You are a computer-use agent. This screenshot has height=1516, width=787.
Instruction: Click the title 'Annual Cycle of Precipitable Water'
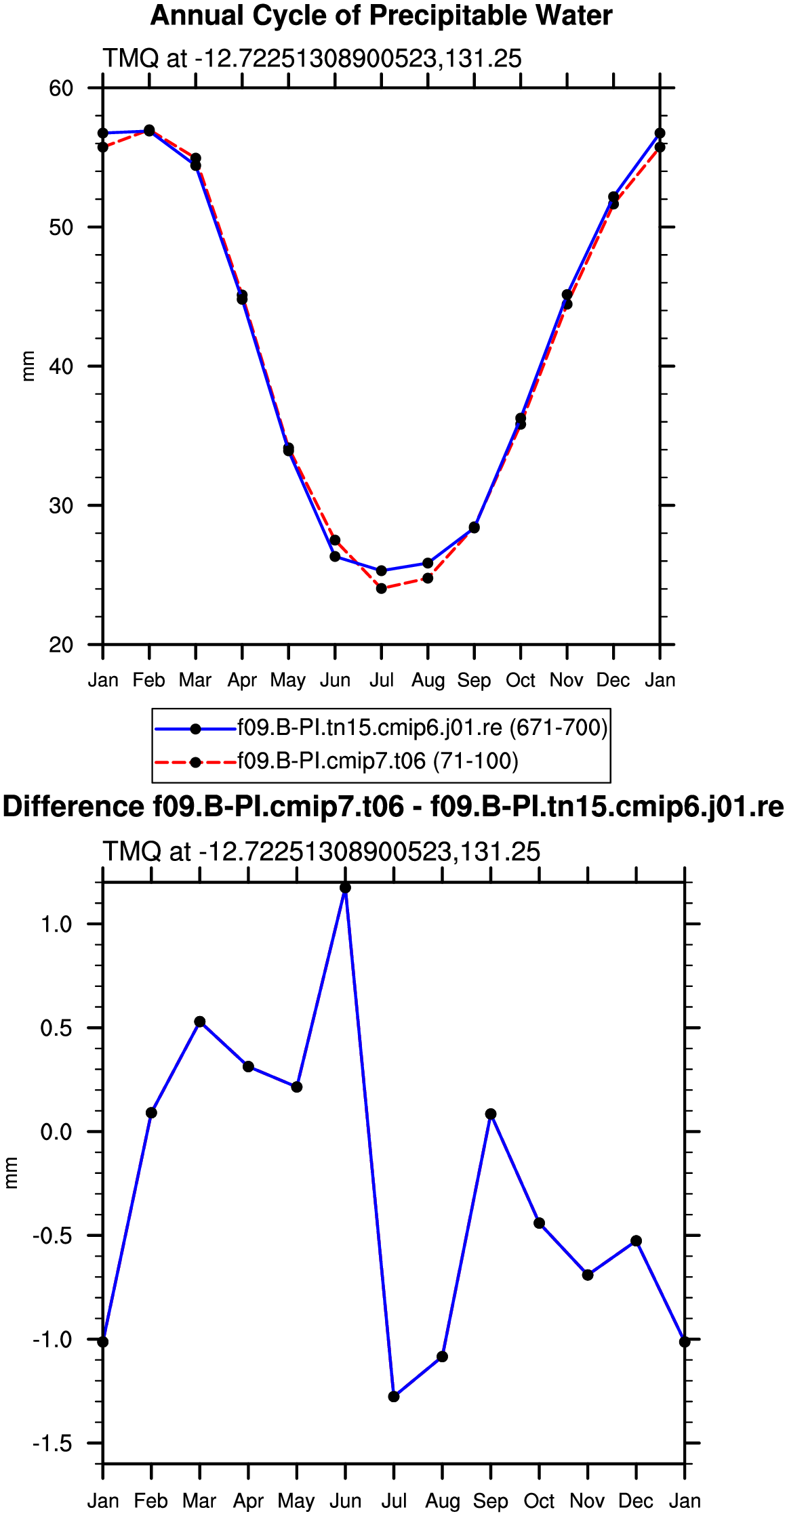click(381, 16)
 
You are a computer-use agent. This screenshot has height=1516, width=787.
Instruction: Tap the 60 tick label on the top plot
click(61, 88)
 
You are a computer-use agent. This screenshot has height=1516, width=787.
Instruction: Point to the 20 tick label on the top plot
click(61, 644)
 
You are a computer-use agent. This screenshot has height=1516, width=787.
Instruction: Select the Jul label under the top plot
click(382, 680)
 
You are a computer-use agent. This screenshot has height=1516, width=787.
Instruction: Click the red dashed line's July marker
click(382, 589)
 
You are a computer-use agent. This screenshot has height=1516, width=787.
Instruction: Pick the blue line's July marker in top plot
click(382, 571)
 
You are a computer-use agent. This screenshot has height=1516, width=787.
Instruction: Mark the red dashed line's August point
click(428, 578)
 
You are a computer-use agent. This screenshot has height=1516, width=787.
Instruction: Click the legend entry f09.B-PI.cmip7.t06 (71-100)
click(378, 761)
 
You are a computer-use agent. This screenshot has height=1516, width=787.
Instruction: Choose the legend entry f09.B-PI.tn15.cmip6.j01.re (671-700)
click(422, 728)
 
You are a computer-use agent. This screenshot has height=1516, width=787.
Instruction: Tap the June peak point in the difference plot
click(345, 888)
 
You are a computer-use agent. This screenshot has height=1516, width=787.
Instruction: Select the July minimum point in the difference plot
click(394, 1397)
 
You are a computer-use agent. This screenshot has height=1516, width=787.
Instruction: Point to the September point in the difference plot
click(491, 1114)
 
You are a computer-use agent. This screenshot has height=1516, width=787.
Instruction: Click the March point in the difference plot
click(200, 1022)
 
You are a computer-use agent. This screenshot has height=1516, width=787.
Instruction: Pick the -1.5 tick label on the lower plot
click(52, 1444)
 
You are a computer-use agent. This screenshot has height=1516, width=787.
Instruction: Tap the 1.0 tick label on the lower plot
click(56, 924)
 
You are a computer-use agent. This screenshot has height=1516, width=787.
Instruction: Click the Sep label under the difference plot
click(491, 1502)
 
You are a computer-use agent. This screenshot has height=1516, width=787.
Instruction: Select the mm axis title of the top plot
click(28, 366)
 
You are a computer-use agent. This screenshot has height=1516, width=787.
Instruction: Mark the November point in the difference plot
click(588, 1276)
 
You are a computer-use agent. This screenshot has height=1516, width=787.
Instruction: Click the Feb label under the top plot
click(149, 680)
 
